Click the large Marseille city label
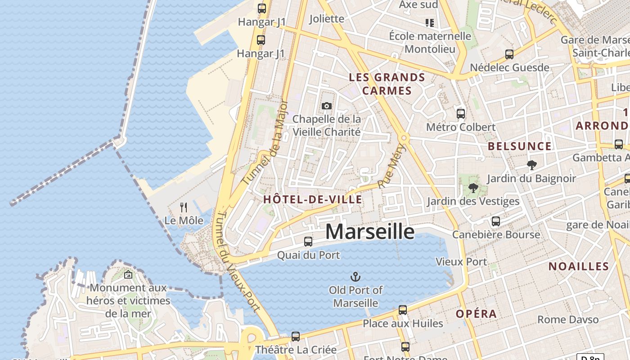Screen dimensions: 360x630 click(x=369, y=232)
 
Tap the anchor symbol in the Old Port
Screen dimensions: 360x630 click(x=355, y=276)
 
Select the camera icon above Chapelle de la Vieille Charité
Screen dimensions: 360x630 click(x=327, y=106)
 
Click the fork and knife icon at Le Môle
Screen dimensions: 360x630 click(x=184, y=207)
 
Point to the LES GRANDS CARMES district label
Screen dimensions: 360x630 click(x=387, y=84)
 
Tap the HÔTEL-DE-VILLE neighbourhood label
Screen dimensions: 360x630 click(x=312, y=199)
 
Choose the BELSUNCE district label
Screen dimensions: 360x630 click(x=520, y=146)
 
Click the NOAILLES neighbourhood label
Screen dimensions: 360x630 click(x=579, y=266)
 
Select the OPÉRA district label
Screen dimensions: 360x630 click(x=476, y=314)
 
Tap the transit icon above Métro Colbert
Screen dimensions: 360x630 click(x=461, y=114)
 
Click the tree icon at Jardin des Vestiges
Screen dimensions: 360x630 click(x=473, y=188)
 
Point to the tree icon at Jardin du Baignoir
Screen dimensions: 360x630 click(x=531, y=165)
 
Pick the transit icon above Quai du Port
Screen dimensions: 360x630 click(x=308, y=242)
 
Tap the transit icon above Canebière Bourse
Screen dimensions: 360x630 click(x=496, y=221)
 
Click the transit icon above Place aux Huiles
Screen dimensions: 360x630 click(x=403, y=310)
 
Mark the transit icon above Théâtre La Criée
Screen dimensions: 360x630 click(x=296, y=337)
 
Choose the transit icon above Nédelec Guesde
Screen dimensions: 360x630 click(x=509, y=54)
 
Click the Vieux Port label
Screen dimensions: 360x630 click(x=461, y=262)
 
